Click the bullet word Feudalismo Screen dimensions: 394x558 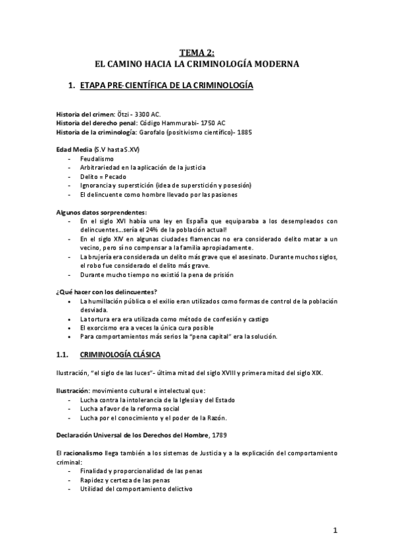coord(97,159)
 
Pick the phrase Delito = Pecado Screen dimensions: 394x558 coord(104,177)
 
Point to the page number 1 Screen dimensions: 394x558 coord(335,530)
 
